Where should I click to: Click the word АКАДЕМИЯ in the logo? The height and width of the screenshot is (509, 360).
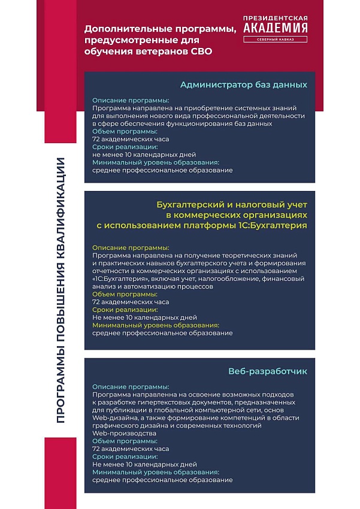(x=276, y=28)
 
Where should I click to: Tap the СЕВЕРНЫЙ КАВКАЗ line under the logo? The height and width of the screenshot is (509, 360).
(x=276, y=40)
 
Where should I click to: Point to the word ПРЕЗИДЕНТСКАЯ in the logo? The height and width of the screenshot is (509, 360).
(x=276, y=17)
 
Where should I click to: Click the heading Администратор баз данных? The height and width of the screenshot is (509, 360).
(x=243, y=84)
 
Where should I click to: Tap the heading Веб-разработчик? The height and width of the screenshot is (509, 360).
(x=268, y=371)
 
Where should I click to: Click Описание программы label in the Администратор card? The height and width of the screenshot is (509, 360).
(x=131, y=101)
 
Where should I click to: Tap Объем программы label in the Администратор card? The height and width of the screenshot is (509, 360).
(x=125, y=131)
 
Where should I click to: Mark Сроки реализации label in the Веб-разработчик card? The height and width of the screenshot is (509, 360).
(x=125, y=456)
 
